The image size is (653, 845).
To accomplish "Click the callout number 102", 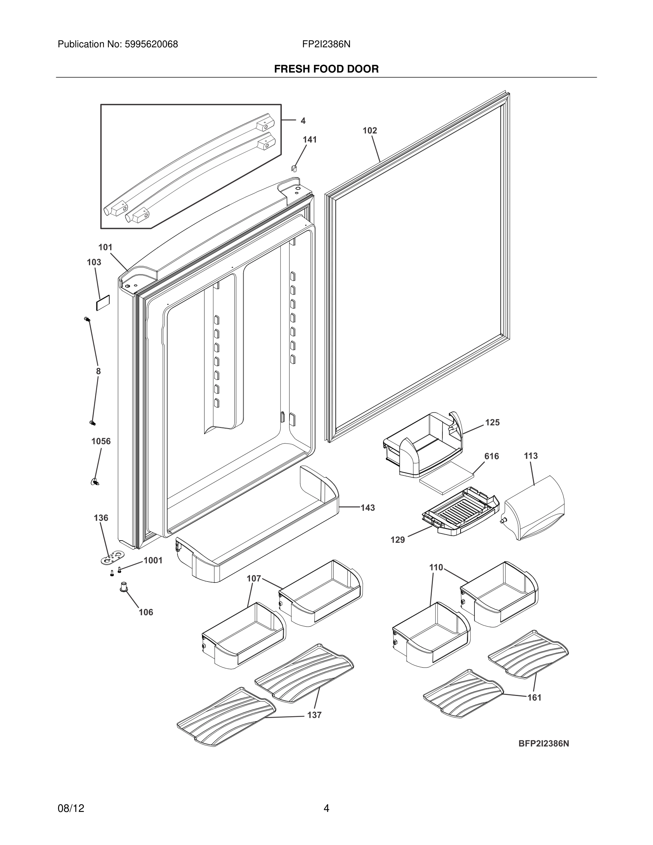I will [370, 131].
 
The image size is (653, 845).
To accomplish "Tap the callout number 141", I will [309, 140].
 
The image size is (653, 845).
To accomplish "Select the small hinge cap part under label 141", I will [294, 168].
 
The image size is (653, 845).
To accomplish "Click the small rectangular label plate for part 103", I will [103, 303].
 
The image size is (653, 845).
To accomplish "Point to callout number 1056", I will [101, 441].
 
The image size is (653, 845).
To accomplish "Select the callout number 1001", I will [153, 560].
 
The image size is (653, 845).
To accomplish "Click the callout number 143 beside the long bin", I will [367, 507].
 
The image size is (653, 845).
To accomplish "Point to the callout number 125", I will [492, 422].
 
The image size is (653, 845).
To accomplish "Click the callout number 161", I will [534, 698].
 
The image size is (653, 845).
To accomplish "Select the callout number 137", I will [314, 715].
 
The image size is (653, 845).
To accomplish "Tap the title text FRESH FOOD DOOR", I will [326, 69].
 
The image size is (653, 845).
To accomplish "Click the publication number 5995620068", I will [151, 44].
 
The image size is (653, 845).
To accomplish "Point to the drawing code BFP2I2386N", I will [543, 744].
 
